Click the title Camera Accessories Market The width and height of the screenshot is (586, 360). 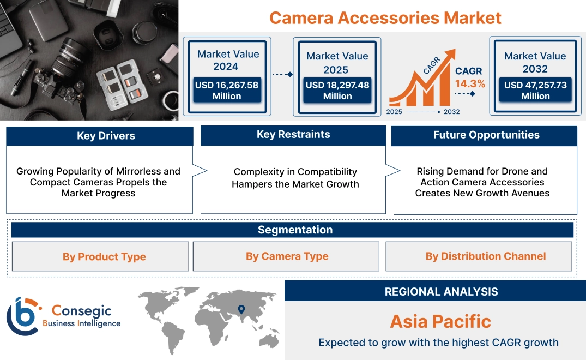[385, 17]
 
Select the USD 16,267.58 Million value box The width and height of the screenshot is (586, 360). [226, 91]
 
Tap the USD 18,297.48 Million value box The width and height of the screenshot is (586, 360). [337, 91]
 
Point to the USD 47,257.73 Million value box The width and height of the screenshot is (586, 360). [535, 91]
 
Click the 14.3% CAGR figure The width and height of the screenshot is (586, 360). [470, 84]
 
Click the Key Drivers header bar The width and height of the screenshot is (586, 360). [100, 136]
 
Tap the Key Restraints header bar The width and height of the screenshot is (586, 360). [293, 135]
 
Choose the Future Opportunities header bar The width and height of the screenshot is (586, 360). [484, 135]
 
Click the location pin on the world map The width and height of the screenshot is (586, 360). [240, 310]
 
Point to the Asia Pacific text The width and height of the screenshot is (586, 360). [440, 321]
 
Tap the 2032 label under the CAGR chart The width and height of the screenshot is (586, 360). [451, 112]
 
